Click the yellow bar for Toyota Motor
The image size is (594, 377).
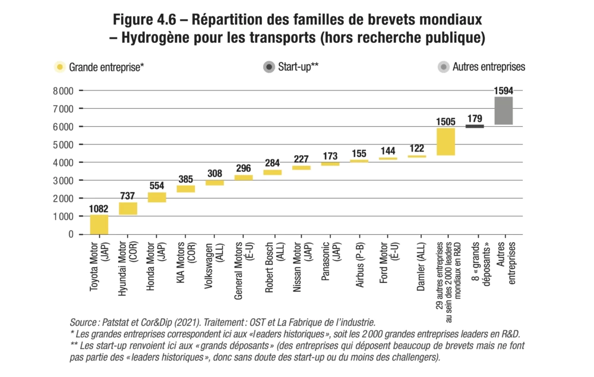[x=99, y=224]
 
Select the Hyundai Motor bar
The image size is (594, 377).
[x=128, y=208]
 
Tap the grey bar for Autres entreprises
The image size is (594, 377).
[x=503, y=110]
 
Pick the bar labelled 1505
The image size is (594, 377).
[x=445, y=142]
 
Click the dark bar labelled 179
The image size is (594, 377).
[x=474, y=126]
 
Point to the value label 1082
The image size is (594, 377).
[x=99, y=209]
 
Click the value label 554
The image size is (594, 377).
[x=157, y=186]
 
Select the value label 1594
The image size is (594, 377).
[x=503, y=90]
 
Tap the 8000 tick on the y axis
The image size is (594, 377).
[x=62, y=91]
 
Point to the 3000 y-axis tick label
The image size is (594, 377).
[x=62, y=180]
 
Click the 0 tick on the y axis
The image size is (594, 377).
[x=71, y=234]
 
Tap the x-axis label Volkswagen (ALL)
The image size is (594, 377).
[x=214, y=265]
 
